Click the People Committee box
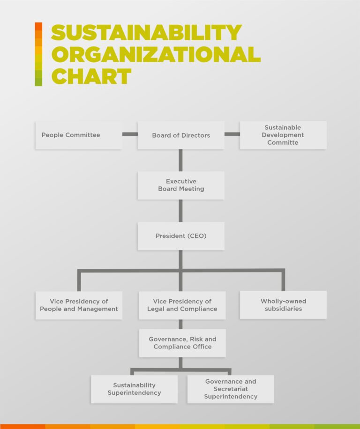click(79, 135)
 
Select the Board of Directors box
click(181, 135)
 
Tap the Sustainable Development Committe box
click(283, 135)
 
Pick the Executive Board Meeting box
click(181, 185)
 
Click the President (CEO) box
click(181, 236)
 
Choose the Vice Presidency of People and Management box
click(79, 305)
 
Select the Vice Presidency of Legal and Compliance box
click(182, 305)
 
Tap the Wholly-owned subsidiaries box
click(283, 305)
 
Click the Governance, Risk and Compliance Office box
click(182, 343)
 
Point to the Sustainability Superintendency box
click(134, 389)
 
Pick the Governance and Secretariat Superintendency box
click(231, 389)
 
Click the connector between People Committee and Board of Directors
click(130, 134)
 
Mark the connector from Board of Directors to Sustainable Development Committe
click(232, 134)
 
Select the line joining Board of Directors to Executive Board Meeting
click(180, 160)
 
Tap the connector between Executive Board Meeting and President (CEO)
click(180, 211)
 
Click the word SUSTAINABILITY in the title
click(146, 32)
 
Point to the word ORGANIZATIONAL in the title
click(156, 54)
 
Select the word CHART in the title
click(91, 76)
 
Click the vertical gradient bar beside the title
click(38, 54)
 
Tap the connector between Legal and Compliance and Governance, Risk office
click(180, 324)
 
